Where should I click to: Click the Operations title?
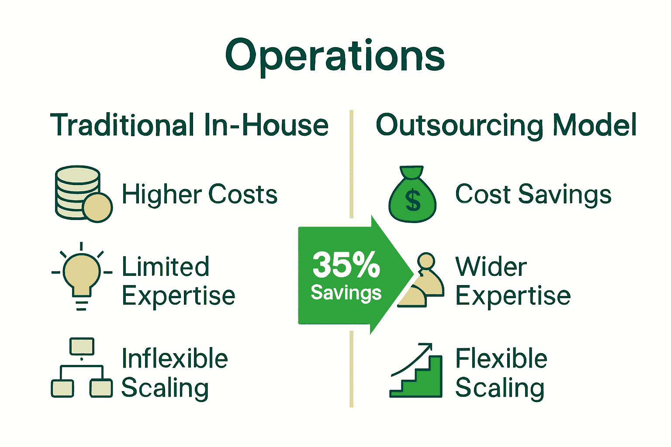click(x=335, y=56)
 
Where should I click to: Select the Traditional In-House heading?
click(x=189, y=125)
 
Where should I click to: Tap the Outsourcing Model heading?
click(x=506, y=125)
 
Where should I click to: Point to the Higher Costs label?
click(x=200, y=194)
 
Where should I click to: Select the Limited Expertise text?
click(x=178, y=281)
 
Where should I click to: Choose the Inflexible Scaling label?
click(x=174, y=373)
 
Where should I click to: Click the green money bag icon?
click(x=412, y=195)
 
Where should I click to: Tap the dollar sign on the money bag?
click(x=413, y=201)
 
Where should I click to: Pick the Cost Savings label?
click(x=533, y=194)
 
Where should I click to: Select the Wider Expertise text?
click(x=513, y=281)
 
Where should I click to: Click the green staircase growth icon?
click(x=416, y=371)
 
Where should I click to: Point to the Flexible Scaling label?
click(x=501, y=373)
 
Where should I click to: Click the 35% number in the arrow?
click(x=346, y=265)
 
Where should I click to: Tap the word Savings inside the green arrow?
click(x=346, y=292)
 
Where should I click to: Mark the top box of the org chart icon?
click(x=82, y=347)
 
